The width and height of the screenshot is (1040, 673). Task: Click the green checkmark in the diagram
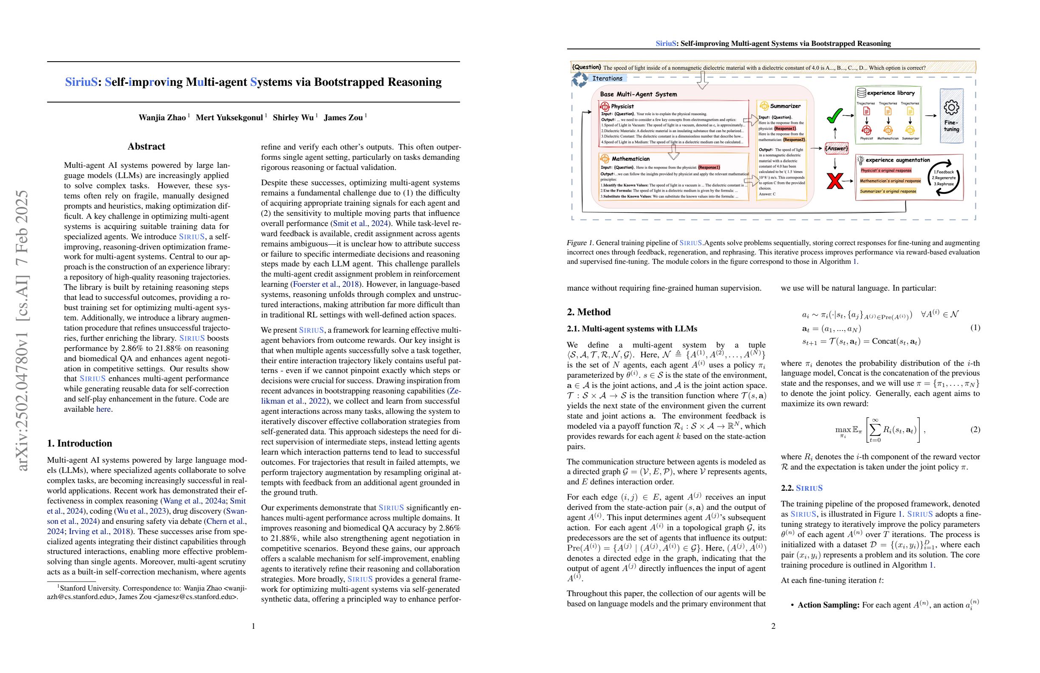(x=834, y=116)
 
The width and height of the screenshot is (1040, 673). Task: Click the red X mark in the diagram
(x=835, y=181)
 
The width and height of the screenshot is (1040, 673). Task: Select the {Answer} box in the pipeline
(x=836, y=149)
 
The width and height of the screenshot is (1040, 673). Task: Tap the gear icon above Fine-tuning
(x=951, y=107)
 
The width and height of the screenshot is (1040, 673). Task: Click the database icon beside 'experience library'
(x=861, y=93)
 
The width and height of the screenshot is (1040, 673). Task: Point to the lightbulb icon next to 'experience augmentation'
(x=860, y=160)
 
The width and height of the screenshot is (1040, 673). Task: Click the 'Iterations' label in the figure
(x=607, y=79)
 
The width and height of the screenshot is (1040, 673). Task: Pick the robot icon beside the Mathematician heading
(x=605, y=158)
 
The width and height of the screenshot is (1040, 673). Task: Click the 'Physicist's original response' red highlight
(x=886, y=171)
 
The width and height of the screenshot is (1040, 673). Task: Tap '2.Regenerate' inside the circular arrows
(x=944, y=178)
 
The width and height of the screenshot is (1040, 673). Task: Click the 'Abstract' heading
(x=147, y=147)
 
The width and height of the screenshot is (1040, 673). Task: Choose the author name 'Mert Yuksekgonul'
(x=229, y=118)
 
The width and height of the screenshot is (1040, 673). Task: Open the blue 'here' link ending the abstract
(x=103, y=409)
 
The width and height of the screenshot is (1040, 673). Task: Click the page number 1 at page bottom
(x=254, y=626)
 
